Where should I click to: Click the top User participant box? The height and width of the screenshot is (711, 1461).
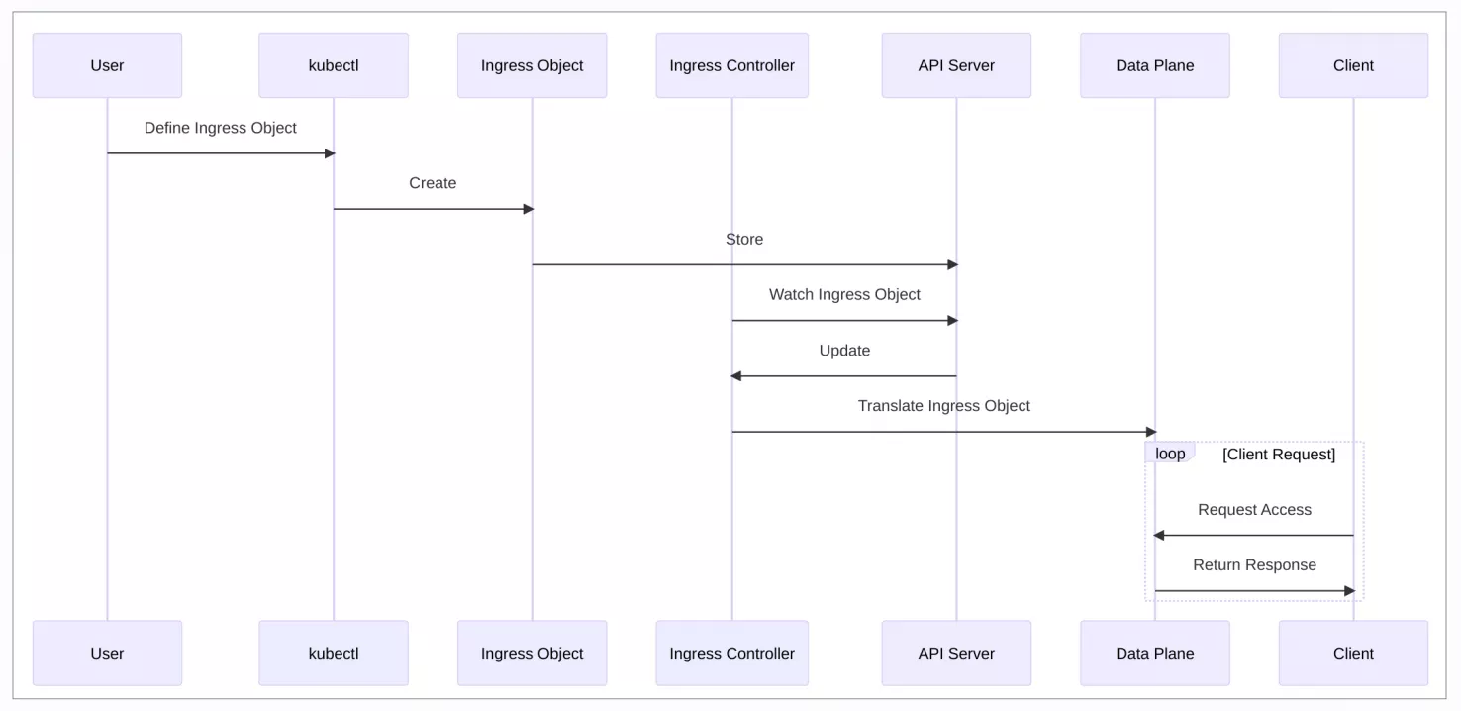(x=107, y=65)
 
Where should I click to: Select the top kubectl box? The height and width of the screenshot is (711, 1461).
(x=334, y=65)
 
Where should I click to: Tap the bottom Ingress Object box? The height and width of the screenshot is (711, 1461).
(x=532, y=653)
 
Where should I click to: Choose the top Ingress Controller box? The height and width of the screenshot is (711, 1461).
(x=731, y=65)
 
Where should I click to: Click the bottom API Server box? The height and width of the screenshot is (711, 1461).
(x=956, y=653)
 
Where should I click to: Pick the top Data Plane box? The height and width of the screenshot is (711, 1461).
(x=1154, y=65)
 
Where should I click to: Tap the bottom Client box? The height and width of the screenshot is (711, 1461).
(x=1353, y=653)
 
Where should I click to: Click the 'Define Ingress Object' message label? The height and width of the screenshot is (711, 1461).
(x=221, y=128)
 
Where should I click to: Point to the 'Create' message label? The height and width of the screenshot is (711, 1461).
(x=433, y=183)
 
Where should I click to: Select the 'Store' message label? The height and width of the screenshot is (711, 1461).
(x=744, y=239)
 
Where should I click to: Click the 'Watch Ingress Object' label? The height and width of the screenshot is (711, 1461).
(x=844, y=295)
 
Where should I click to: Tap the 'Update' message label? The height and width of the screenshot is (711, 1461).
(x=844, y=351)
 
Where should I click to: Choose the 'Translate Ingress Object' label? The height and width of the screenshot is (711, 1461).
(x=943, y=406)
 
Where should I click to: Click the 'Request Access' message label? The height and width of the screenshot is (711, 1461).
(x=1254, y=509)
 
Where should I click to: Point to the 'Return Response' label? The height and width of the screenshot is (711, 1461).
(x=1254, y=564)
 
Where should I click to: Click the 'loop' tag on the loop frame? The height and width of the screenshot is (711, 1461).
(x=1170, y=454)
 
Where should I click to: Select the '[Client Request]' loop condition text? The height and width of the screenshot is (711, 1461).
(x=1279, y=454)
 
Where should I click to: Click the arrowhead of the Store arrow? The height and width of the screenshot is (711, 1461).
(x=953, y=264)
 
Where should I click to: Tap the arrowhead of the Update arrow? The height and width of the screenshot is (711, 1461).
(x=735, y=375)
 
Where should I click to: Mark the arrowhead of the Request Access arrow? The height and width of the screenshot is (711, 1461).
(x=1159, y=535)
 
